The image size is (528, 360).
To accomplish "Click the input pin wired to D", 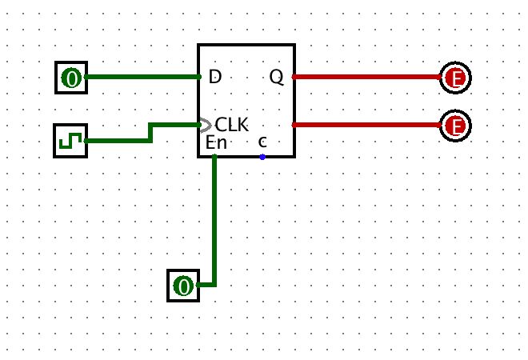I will point(71,78).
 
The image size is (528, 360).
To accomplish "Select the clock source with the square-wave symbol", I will point(70,142).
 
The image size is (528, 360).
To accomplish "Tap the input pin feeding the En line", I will point(184,286).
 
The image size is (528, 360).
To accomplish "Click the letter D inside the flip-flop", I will point(214,77).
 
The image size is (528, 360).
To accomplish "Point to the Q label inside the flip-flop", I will point(276,77).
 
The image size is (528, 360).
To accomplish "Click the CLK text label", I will point(232,126).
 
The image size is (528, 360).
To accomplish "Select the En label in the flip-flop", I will point(216,143).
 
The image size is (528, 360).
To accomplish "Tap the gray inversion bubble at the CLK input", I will point(205,125).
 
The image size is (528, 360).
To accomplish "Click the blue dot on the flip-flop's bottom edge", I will point(262,157).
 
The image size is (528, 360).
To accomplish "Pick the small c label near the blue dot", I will point(262,142).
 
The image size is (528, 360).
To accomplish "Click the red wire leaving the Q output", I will point(368,78).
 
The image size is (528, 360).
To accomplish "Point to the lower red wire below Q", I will point(368,125).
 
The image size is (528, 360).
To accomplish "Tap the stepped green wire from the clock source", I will point(151,133).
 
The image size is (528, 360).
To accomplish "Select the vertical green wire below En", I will point(214,224).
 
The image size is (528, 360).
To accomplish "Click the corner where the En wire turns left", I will point(214,285).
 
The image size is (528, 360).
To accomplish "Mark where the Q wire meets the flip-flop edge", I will point(294,78).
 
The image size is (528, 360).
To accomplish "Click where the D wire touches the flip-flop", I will point(198,78).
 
